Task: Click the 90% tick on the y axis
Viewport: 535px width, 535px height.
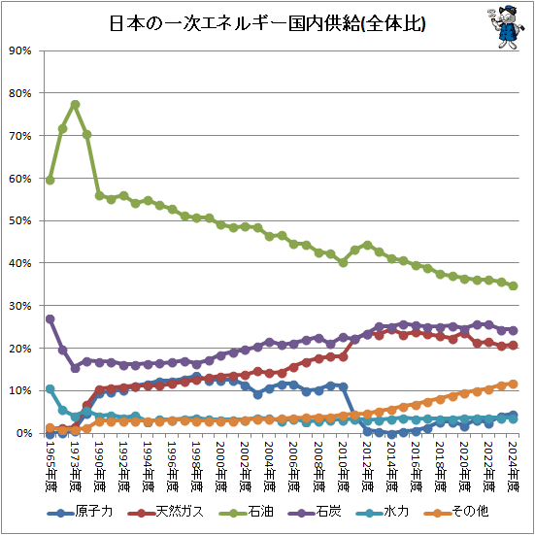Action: [x=21, y=50]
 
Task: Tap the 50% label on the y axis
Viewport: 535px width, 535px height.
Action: [x=21, y=220]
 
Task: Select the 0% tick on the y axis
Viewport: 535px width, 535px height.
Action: [x=24, y=433]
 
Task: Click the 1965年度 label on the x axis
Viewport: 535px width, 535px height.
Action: [x=50, y=463]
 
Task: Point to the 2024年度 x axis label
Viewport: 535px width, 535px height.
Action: [x=513, y=463]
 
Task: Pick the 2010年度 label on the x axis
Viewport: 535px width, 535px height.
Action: [x=343, y=463]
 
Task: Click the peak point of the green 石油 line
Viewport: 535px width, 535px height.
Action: [x=75, y=105]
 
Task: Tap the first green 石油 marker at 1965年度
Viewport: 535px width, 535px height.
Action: [x=50, y=180]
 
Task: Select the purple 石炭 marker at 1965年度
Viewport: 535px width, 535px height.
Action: [x=50, y=318]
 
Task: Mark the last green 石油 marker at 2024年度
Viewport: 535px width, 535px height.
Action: [x=513, y=285]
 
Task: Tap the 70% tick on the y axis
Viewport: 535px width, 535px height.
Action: [x=21, y=136]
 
